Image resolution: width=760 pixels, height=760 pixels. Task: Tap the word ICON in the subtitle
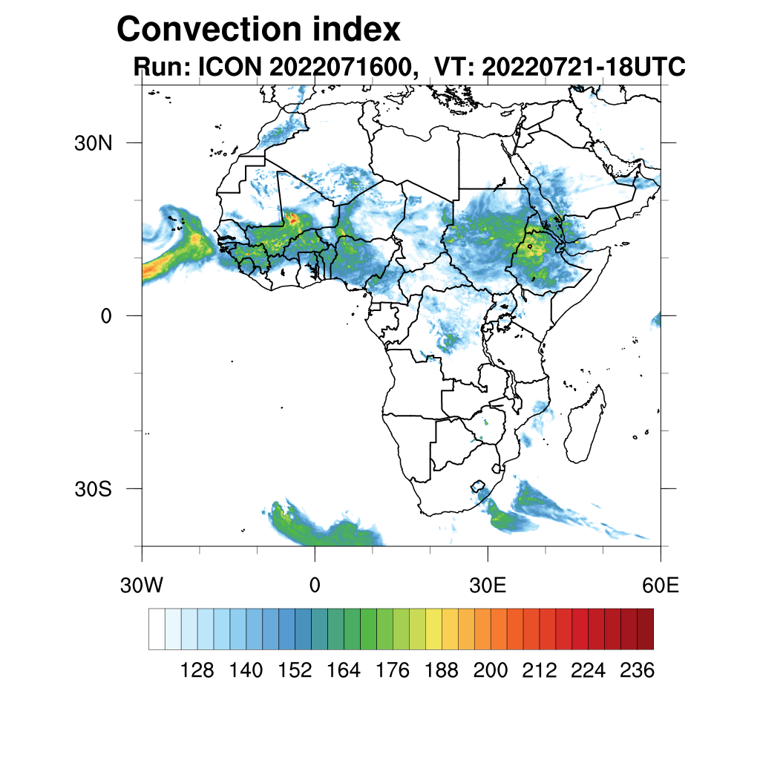click(x=228, y=67)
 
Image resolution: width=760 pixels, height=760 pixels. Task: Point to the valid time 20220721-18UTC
click(x=583, y=67)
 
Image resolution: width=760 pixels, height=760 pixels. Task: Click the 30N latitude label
click(x=93, y=142)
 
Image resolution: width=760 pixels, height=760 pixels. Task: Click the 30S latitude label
click(x=93, y=489)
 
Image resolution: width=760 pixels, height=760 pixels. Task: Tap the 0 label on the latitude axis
click(x=106, y=315)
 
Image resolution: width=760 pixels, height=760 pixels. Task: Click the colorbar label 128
click(x=197, y=671)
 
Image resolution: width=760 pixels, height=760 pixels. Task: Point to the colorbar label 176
click(x=393, y=671)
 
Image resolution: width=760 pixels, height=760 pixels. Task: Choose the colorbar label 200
click(x=491, y=671)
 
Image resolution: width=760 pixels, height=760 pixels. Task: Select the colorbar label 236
click(x=637, y=671)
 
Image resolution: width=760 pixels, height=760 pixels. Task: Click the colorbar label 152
click(x=295, y=671)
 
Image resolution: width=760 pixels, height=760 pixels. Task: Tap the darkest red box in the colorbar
click(x=645, y=629)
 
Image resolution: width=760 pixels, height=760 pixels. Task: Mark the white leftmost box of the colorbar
click(x=157, y=629)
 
